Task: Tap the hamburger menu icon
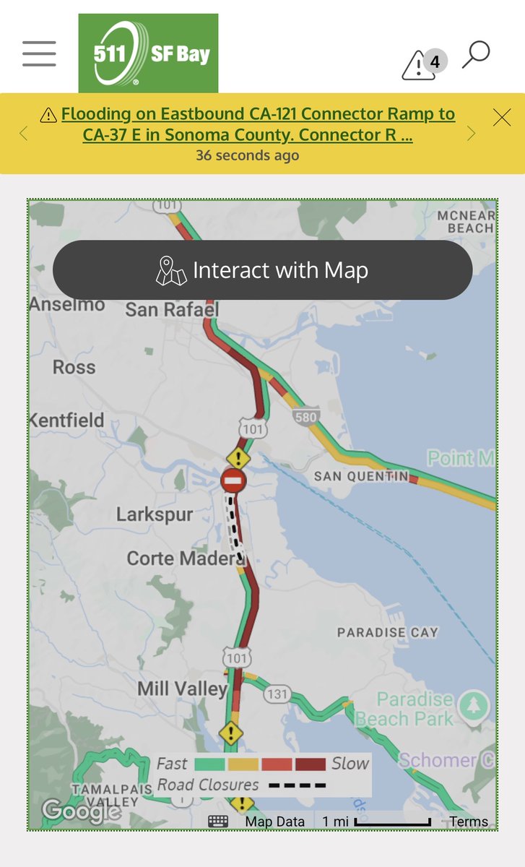(x=39, y=53)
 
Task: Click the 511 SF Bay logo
(x=148, y=53)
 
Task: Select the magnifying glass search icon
(x=476, y=54)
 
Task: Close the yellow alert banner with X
(x=502, y=117)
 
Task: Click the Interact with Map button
(x=262, y=270)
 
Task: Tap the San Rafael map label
(x=172, y=309)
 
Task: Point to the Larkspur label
(x=155, y=514)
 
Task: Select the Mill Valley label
(x=183, y=689)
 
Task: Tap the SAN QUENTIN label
(x=361, y=476)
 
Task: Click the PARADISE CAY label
(x=388, y=632)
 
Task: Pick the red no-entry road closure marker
(x=233, y=480)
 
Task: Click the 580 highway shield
(x=306, y=416)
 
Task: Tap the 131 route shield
(x=277, y=694)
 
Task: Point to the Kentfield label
(x=67, y=420)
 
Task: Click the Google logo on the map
(x=80, y=811)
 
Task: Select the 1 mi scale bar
(x=377, y=821)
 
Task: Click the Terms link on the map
(x=469, y=821)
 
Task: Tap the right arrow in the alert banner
(x=472, y=133)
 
